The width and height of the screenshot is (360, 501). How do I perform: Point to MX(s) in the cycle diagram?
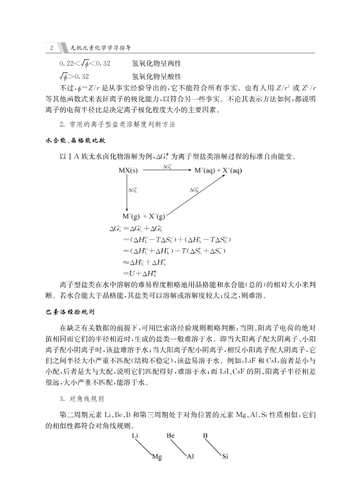tap(128, 170)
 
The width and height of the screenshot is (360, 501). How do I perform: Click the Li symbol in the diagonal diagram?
tap(135, 436)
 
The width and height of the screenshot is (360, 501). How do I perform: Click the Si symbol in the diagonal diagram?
tap(225, 457)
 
